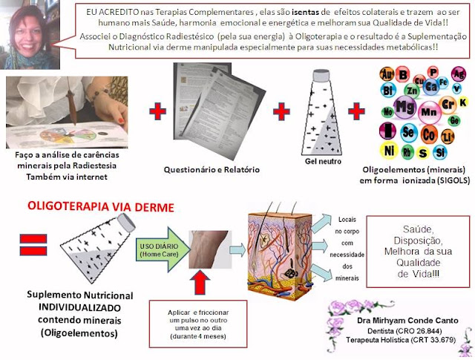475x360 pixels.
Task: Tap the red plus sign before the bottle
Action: point(281,113)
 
